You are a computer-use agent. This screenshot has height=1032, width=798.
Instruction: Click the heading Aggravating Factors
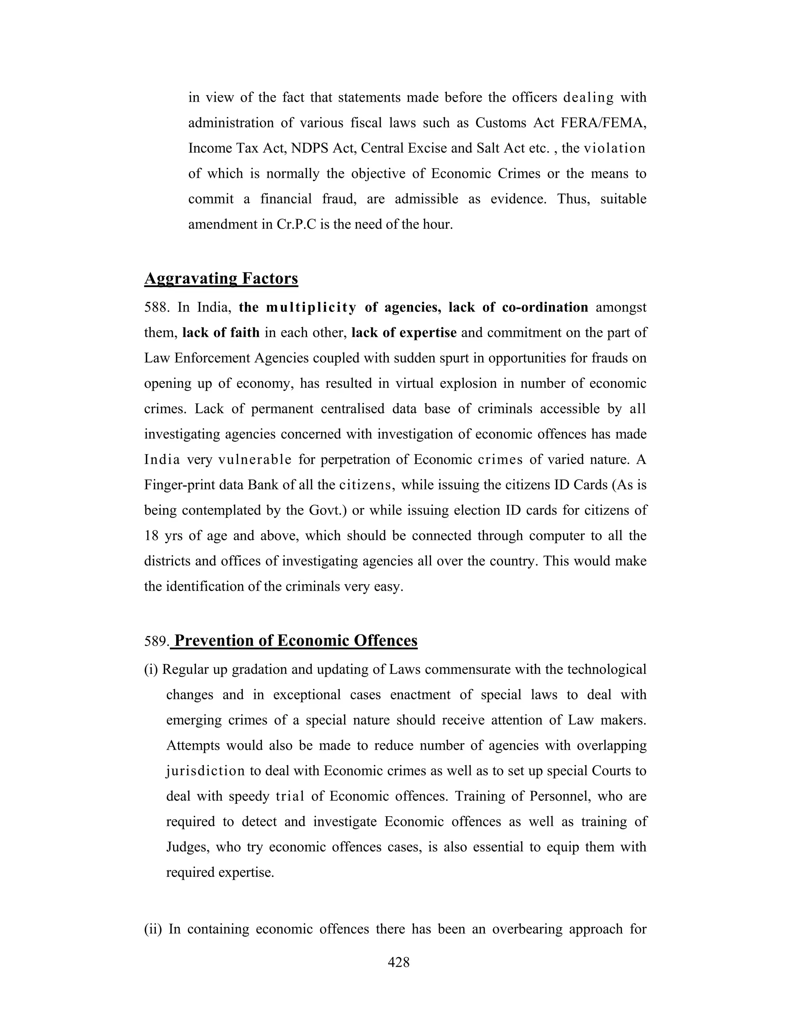pyautogui.click(x=221, y=278)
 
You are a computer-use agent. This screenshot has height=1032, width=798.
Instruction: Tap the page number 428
pyautogui.click(x=399, y=962)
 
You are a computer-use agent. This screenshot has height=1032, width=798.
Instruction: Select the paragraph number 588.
pyautogui.click(x=157, y=308)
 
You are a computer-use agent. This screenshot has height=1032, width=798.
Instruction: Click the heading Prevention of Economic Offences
pyautogui.click(x=296, y=641)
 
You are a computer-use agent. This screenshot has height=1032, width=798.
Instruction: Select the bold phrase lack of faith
pyautogui.click(x=221, y=333)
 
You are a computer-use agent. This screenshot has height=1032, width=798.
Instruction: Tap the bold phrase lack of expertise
pyautogui.click(x=404, y=333)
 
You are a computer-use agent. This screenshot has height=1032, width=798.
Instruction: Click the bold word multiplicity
pyautogui.click(x=311, y=308)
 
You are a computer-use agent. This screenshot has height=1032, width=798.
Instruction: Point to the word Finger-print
pyautogui.click(x=182, y=485)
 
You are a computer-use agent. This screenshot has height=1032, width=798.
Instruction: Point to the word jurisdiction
pyautogui.click(x=205, y=771)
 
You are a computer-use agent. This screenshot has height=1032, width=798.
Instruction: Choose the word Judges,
pyautogui.click(x=188, y=847)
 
